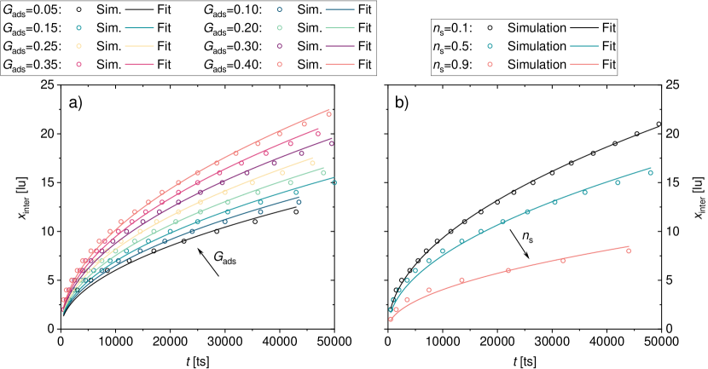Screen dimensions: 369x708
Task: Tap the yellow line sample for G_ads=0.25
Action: pyautogui.click(x=145, y=46)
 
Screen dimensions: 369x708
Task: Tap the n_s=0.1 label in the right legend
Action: pyautogui.click(x=453, y=28)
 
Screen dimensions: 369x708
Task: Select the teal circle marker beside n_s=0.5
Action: pyautogui.click(x=491, y=46)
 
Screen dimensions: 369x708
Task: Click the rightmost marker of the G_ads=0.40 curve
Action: pyautogui.click(x=329, y=114)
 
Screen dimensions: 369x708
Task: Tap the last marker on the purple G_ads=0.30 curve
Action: pyautogui.click(x=331, y=143)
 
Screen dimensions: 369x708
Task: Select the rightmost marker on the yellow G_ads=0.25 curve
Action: pyautogui.click(x=313, y=163)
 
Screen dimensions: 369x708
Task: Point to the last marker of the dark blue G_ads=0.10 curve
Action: pyautogui.click(x=298, y=202)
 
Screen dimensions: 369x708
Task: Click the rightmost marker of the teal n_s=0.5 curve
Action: pyautogui.click(x=650, y=173)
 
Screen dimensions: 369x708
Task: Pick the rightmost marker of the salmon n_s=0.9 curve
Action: pyautogui.click(x=629, y=251)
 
